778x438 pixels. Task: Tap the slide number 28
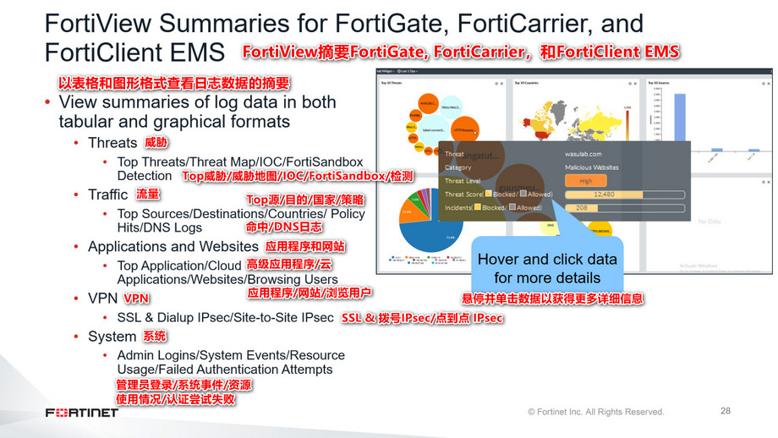pyautogui.click(x=726, y=411)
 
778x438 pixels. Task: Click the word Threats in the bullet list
pyautogui.click(x=112, y=142)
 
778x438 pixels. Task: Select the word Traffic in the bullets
pyautogui.click(x=108, y=194)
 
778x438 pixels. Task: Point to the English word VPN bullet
pyautogui.click(x=102, y=298)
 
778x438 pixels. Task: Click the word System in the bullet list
pyautogui.click(x=112, y=337)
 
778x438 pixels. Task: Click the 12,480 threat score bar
pyautogui.click(x=602, y=194)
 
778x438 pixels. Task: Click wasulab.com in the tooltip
pyautogui.click(x=583, y=154)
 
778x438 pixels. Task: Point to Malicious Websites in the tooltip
pyautogui.click(x=592, y=167)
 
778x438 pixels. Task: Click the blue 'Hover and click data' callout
pyautogui.click(x=547, y=268)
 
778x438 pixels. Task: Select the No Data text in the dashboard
pyautogui.click(x=710, y=222)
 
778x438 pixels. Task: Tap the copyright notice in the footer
pyautogui.click(x=595, y=412)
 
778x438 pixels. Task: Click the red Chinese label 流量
pyautogui.click(x=148, y=194)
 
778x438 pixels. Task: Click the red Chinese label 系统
pyautogui.click(x=155, y=337)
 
